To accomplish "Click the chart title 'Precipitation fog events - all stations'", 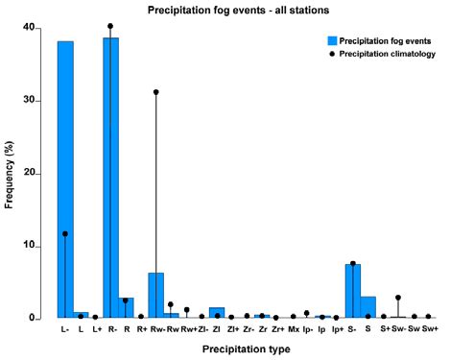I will coord(227,10).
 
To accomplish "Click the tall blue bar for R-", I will coord(110,178).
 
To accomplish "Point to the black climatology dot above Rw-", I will coord(155,92).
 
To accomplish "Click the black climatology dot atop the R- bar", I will coord(110,26).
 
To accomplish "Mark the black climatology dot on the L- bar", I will coord(65,233).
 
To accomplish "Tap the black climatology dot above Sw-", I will coord(397,298).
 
